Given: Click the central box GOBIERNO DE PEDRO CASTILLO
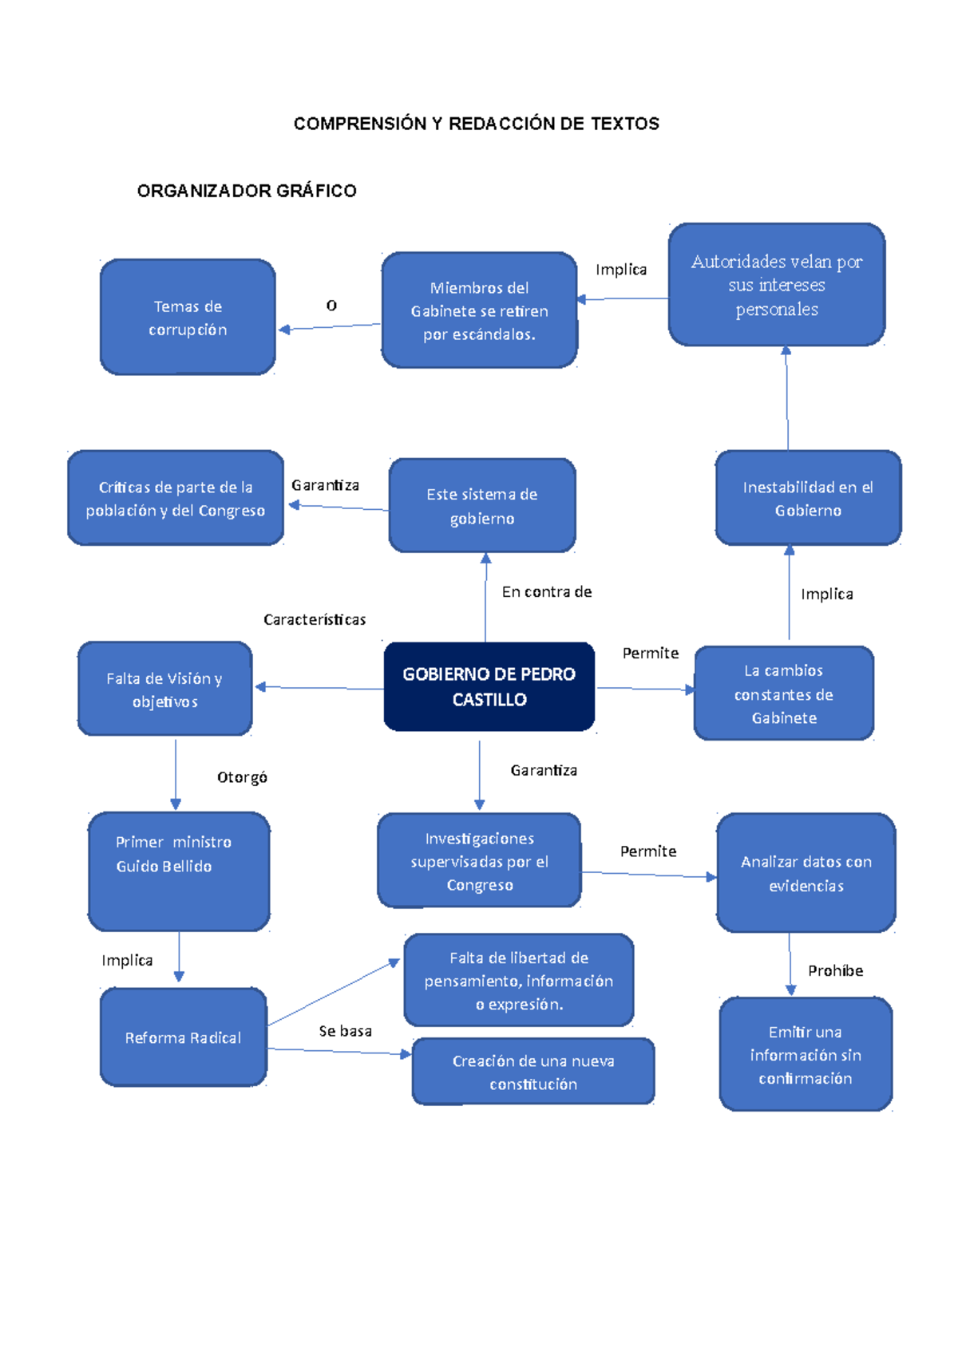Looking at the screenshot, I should click(x=489, y=686).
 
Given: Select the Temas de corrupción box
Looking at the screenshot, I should click(x=188, y=317).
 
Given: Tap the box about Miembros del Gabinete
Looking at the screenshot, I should click(x=479, y=310).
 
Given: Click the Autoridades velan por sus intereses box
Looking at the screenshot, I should click(x=776, y=285).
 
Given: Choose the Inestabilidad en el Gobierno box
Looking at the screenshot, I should click(x=808, y=498).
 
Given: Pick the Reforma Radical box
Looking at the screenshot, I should click(x=183, y=1037).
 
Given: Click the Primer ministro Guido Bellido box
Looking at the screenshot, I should click(x=179, y=871).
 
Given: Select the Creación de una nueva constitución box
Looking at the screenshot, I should click(x=533, y=1072).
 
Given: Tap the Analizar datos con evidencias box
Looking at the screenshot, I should click(x=806, y=873).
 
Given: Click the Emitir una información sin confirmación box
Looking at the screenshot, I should click(x=806, y=1054).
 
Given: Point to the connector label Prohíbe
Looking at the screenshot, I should click(x=835, y=970).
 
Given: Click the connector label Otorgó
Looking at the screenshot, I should click(x=242, y=777).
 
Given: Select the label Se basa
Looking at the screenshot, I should click(x=345, y=1031).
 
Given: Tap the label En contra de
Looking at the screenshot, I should click(x=547, y=591).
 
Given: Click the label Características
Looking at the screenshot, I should click(x=315, y=619).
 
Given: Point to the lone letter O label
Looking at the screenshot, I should click(x=331, y=306).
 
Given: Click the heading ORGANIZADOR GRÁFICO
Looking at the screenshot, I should click(x=247, y=191).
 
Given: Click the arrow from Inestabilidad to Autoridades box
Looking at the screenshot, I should click(x=787, y=399).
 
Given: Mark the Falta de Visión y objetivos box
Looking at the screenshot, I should click(x=164, y=689).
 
